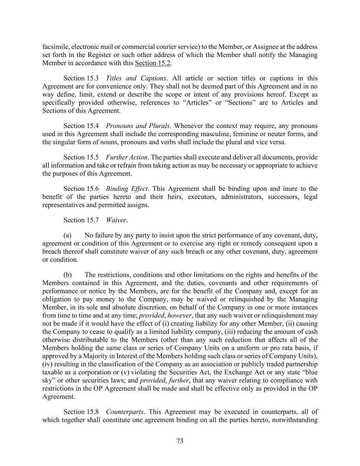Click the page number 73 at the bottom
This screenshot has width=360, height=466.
pyautogui.click(x=180, y=441)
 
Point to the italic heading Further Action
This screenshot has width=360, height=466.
pyautogui.click(x=127, y=157)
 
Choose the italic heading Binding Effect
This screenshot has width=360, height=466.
pyautogui.click(x=127, y=189)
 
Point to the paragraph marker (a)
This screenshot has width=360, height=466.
pyautogui.click(x=67, y=236)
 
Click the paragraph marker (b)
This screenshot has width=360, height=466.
pyautogui.click(x=67, y=275)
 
